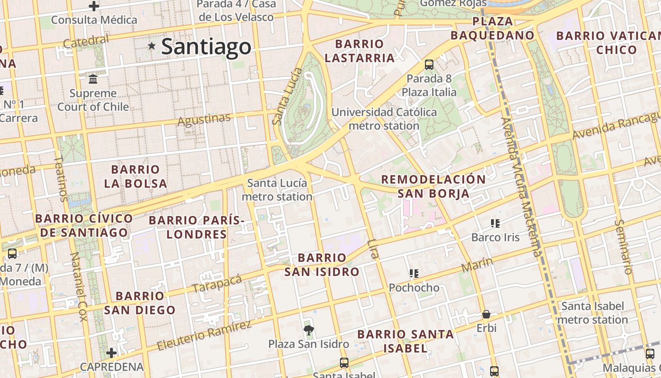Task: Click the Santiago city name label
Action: pyautogui.click(x=206, y=46)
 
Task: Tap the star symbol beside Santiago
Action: pyautogui.click(x=152, y=46)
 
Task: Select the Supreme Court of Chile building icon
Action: pyautogui.click(x=93, y=78)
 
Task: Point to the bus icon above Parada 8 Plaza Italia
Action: pyautogui.click(x=429, y=65)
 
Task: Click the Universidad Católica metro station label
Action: pyautogui.click(x=384, y=119)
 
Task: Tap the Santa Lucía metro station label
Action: pyautogui.click(x=277, y=189)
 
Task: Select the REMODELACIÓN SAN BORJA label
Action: pyautogui.click(x=433, y=186)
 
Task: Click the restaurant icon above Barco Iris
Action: pyautogui.click(x=495, y=223)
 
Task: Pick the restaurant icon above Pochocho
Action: pyautogui.click(x=414, y=273)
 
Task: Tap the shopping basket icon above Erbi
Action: pyautogui.click(x=486, y=314)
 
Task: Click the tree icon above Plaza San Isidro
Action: pyautogui.click(x=309, y=330)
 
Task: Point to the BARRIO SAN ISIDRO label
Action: pyautogui.click(x=322, y=265)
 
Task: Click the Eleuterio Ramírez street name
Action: pyautogui.click(x=204, y=335)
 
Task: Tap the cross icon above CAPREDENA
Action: pyautogui.click(x=111, y=352)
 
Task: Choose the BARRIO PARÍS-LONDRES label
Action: pyautogui.click(x=196, y=227)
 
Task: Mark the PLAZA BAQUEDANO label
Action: pyautogui.click(x=492, y=28)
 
